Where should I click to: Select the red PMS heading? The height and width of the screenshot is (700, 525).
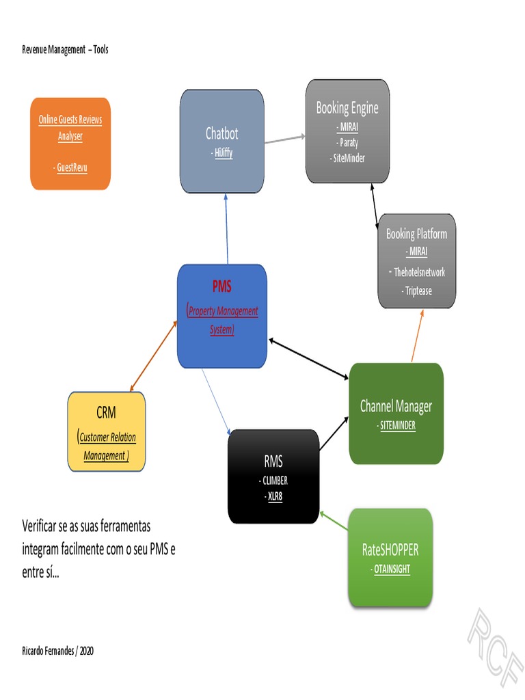tap(221, 286)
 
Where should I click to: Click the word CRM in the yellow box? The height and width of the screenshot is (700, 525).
tap(106, 412)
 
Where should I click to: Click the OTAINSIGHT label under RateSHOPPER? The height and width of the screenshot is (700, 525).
tap(391, 569)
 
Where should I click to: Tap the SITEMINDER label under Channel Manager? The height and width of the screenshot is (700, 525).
tap(396, 425)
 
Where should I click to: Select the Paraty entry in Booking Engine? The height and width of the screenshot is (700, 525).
tap(348, 143)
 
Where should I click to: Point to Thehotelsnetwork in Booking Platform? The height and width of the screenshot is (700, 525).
tap(418, 272)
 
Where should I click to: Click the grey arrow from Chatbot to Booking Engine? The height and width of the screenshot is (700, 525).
tap(284, 139)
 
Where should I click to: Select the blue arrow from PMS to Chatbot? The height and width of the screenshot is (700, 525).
tap(226, 228)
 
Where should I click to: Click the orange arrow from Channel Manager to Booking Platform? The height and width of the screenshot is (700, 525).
tap(416, 335)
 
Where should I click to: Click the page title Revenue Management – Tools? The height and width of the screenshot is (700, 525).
tap(65, 50)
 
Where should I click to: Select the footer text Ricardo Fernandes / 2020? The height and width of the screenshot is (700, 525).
tap(57, 651)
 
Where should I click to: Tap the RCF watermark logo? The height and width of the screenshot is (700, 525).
tap(496, 639)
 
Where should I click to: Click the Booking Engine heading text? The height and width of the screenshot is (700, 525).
tap(347, 108)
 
